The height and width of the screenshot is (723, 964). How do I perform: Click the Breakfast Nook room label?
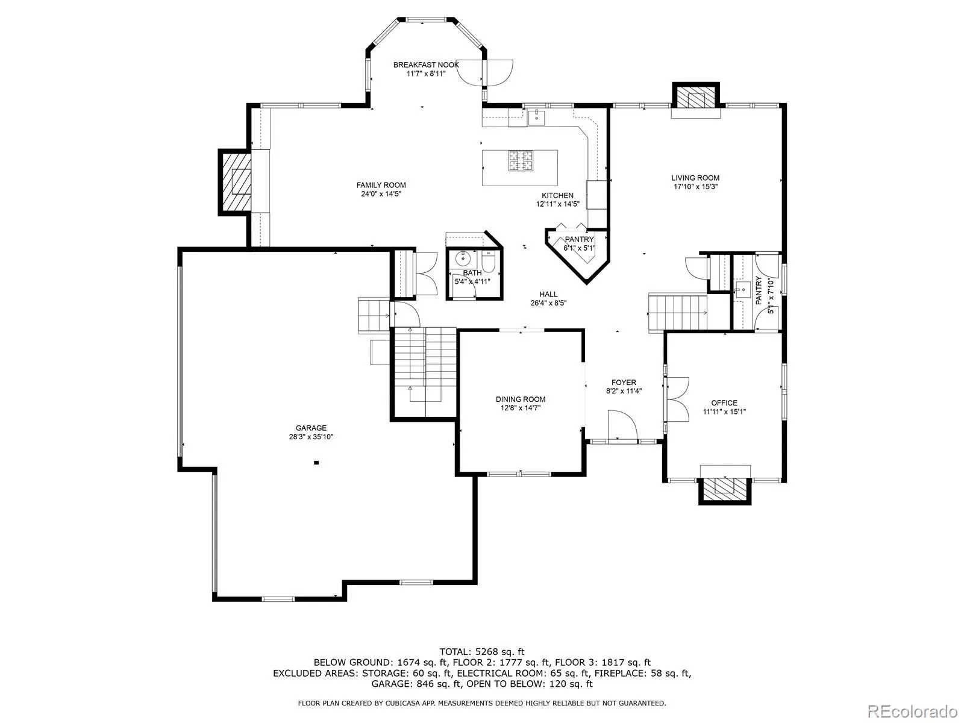tap(425, 65)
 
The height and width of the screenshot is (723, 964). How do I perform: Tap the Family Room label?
tap(381, 185)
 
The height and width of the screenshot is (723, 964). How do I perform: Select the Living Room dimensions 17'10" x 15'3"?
tap(696, 187)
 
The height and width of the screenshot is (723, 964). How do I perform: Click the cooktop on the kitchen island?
tap(521, 160)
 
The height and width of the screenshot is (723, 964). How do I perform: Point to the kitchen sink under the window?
tap(536, 117)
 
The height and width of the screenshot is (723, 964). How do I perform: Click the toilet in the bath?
tap(489, 261)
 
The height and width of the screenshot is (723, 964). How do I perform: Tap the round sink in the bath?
tap(463, 259)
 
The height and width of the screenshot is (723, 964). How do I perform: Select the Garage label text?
tap(311, 428)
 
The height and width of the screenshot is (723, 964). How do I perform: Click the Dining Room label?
tap(521, 399)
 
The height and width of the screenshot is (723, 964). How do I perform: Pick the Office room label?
tap(724, 403)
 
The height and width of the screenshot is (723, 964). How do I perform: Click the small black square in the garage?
tap(316, 462)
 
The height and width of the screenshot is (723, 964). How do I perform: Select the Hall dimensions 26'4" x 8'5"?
tap(548, 303)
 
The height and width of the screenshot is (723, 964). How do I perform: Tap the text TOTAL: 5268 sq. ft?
tap(482, 652)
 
